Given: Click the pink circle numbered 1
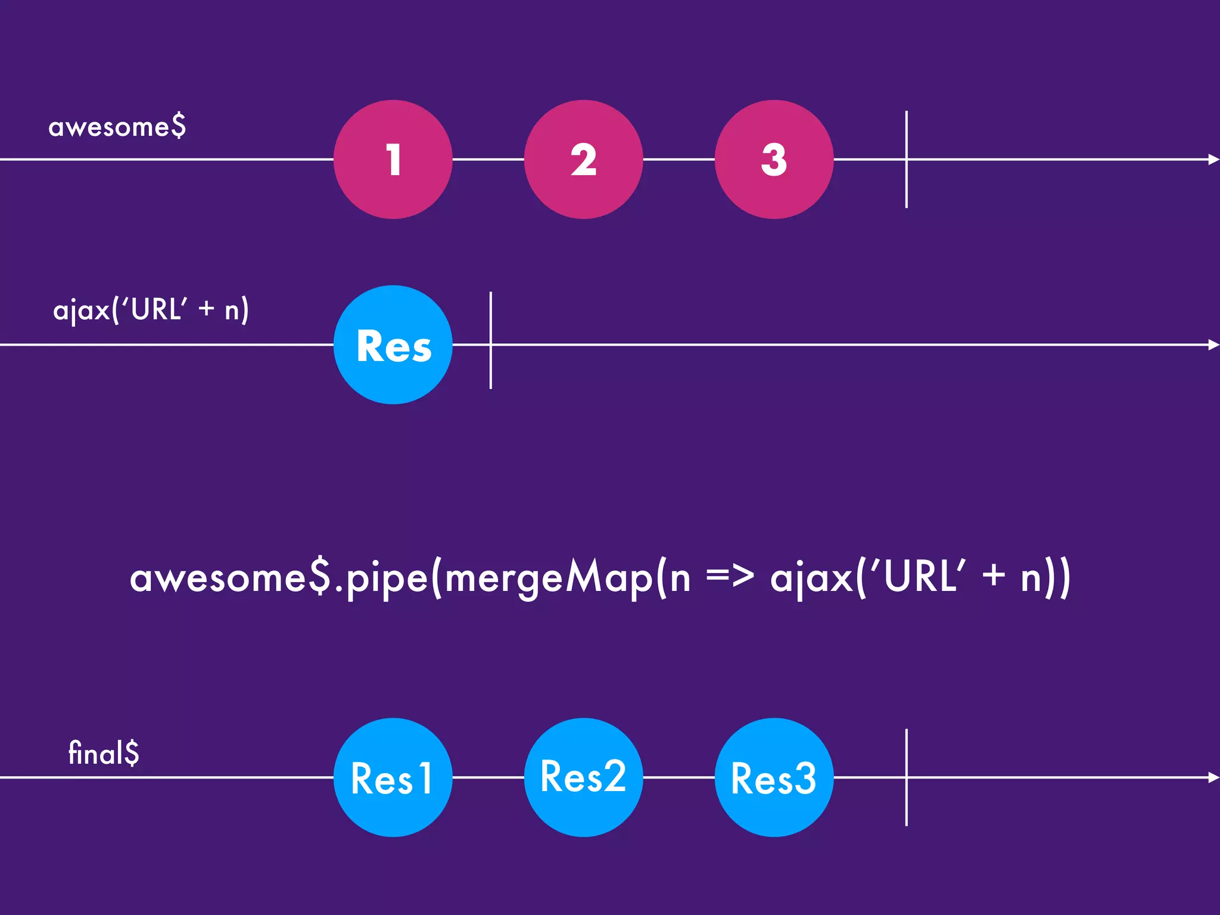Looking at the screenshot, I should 393,159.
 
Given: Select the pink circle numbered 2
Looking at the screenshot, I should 583,159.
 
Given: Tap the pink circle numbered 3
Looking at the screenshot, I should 774,159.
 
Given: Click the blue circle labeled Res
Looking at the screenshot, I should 393,345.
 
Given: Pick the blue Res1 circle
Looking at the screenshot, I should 393,777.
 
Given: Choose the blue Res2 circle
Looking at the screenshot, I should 583,777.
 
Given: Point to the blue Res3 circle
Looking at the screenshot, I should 774,777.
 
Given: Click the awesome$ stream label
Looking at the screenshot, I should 117,127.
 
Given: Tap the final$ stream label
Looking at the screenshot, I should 104,753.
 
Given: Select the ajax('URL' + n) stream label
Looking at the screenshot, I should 151,310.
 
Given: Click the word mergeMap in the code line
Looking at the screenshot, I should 548,578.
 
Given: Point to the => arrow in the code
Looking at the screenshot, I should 730,577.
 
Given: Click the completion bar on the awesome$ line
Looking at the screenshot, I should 906,159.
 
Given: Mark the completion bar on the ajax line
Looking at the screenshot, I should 490,341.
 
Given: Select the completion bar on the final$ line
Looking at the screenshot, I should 906,777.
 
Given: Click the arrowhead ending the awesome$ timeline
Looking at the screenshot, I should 1213,159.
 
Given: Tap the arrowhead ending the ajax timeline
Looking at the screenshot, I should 1213,345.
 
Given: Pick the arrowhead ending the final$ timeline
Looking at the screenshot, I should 1213,777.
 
